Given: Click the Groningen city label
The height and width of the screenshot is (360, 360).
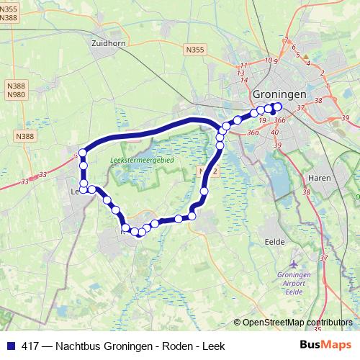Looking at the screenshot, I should tap(279, 94).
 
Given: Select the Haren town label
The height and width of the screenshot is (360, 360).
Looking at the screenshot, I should tap(319, 177).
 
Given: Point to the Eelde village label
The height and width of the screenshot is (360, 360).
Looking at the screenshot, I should tap(275, 242).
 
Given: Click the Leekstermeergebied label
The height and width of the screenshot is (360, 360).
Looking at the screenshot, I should tap(142, 160).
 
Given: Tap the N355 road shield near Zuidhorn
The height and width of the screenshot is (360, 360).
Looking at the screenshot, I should tap(194, 50).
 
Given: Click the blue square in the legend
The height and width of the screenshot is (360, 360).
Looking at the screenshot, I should tap(10, 346).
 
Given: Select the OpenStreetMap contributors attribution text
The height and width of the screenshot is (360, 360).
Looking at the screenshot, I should tap(297, 323).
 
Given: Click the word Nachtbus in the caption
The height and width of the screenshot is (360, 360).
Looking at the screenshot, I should tap(78, 346).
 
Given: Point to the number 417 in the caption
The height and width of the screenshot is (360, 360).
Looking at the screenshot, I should tap(31, 346).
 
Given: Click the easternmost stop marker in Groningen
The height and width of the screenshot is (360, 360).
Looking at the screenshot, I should tap(278, 107).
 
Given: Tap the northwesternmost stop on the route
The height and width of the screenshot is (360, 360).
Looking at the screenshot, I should tap(83, 152).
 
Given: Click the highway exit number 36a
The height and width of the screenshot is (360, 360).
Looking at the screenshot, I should tap(252, 132).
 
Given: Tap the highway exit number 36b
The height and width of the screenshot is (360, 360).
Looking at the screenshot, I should tap(280, 121).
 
